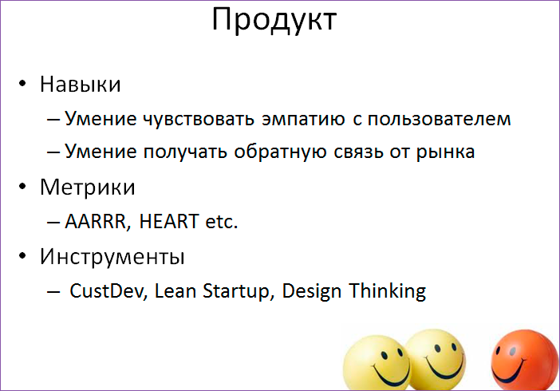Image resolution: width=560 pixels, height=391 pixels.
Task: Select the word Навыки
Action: (x=81, y=85)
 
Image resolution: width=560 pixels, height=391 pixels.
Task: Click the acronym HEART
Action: (x=168, y=222)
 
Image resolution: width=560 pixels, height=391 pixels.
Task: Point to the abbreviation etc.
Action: (x=221, y=222)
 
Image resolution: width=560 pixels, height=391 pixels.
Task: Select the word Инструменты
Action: (x=112, y=258)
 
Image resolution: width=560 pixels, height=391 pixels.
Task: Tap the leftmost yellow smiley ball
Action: (x=375, y=363)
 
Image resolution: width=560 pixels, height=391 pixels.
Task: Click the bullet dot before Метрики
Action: (x=25, y=188)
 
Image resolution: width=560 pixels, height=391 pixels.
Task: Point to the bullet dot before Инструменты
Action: (x=25, y=259)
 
